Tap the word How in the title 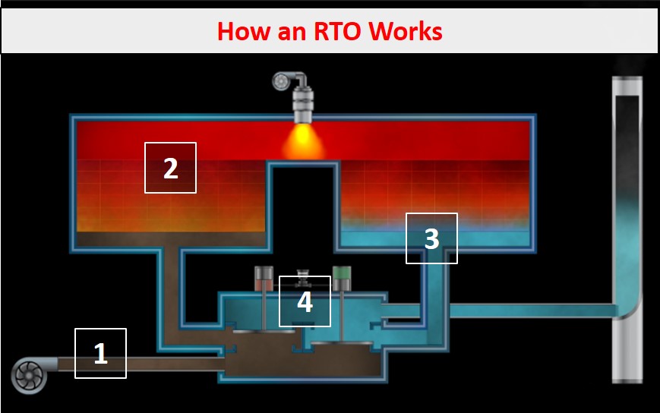pos(241,32)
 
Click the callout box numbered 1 pos(100,353)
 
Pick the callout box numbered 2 pos(171,168)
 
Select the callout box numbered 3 pos(431,238)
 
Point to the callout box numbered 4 pos(305,301)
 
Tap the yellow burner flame pos(302,142)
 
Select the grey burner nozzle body pos(303,103)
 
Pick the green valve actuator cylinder pos(342,278)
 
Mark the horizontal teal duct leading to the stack pos(532,311)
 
